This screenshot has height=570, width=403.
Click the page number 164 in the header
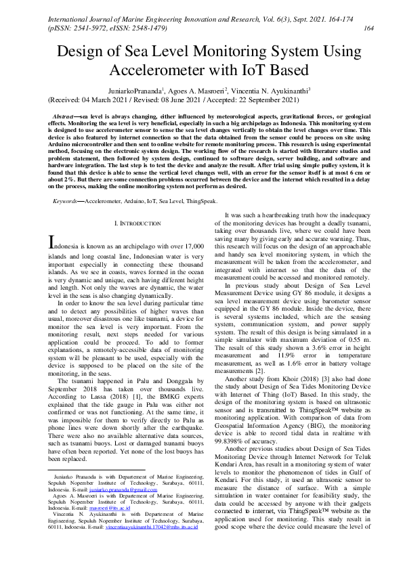[369, 28]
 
